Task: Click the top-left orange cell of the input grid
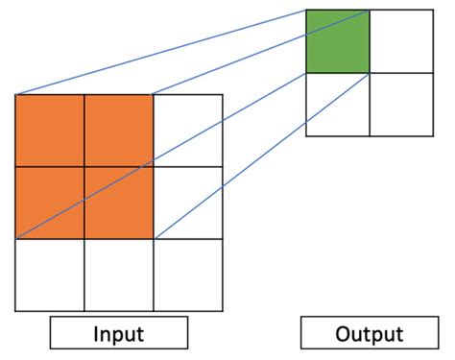pos(50,130)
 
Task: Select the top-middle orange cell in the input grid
pos(119,130)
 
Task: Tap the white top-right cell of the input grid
pos(188,130)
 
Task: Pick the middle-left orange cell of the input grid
pos(50,203)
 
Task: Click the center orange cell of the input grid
pos(119,203)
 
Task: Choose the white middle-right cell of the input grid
pos(188,203)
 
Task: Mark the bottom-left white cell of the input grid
pos(50,275)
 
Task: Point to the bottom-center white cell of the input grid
pos(119,275)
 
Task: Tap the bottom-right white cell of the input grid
pos(188,275)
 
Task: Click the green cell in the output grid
pos(337,41)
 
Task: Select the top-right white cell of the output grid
pos(401,41)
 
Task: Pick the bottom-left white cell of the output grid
pos(337,105)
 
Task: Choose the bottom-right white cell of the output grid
pos(401,105)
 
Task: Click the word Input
pos(118,334)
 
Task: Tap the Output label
pos(369,334)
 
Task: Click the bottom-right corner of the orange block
pos(154,238)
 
